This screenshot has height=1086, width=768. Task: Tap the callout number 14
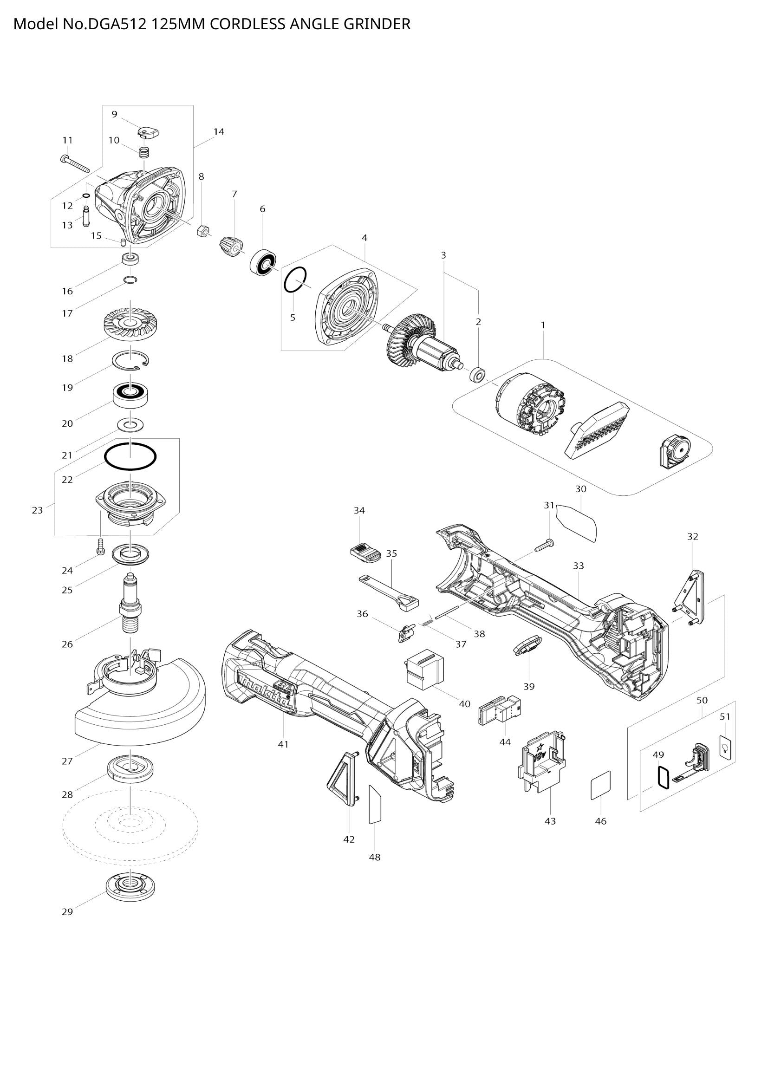coord(219,131)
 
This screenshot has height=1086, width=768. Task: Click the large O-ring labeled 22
coord(130,457)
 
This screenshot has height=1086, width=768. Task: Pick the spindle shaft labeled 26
coord(130,603)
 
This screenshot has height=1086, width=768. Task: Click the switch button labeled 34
coord(365,553)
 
